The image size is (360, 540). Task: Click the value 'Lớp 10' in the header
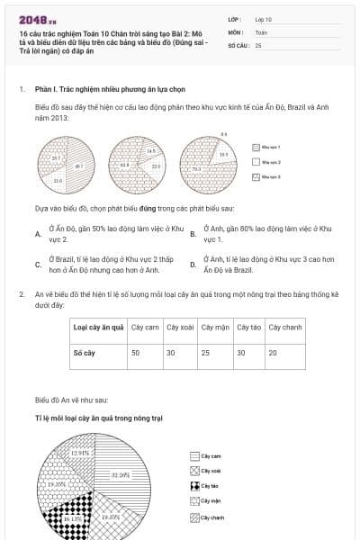coord(264,18)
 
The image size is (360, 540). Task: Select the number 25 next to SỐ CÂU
coord(258,44)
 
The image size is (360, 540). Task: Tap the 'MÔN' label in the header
coord(235,31)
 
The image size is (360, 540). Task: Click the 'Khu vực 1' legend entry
coord(270,146)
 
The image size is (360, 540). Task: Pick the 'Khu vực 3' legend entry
coord(270,177)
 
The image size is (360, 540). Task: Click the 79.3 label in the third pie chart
coord(196,168)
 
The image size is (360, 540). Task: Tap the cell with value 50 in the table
coord(136,353)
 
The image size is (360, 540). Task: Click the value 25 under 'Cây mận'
coord(206,353)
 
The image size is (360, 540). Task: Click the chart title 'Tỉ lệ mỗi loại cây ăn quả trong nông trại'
coord(99,418)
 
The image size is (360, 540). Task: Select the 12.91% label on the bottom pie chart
coord(80,453)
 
